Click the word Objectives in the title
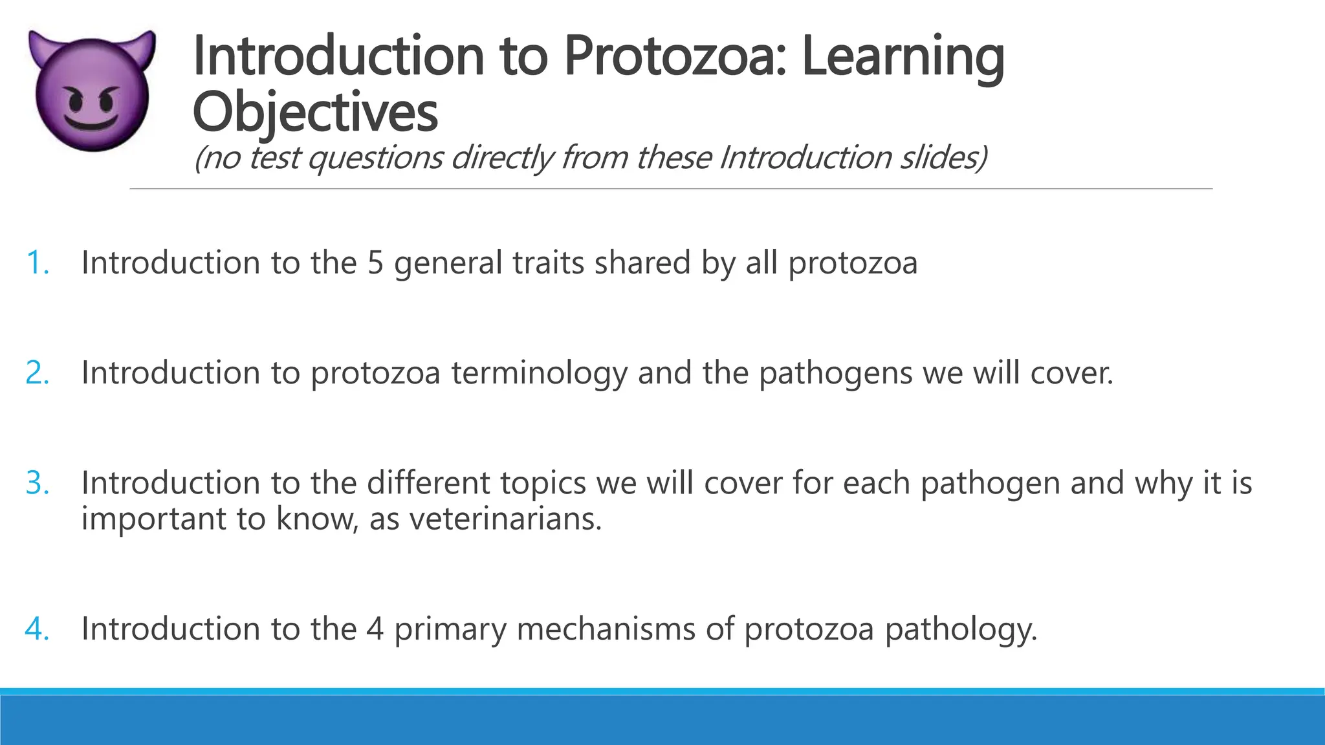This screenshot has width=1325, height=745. pyautogui.click(x=315, y=112)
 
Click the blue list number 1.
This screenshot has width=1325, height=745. pyautogui.click(x=38, y=263)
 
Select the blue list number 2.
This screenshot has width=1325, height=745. pyautogui.click(x=38, y=373)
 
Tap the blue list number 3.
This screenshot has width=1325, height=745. pyautogui.click(x=38, y=483)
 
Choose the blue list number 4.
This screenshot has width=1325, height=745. pyautogui.click(x=38, y=629)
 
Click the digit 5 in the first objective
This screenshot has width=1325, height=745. pyautogui.click(x=375, y=263)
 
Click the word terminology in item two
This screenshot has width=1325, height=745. pyautogui.click(x=539, y=373)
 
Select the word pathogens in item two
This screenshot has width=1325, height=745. pyautogui.click(x=835, y=373)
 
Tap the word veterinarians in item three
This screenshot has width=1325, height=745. pyautogui.click(x=505, y=519)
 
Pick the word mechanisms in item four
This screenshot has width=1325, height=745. pyautogui.click(x=606, y=629)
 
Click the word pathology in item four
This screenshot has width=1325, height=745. pyautogui.click(x=960, y=629)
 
